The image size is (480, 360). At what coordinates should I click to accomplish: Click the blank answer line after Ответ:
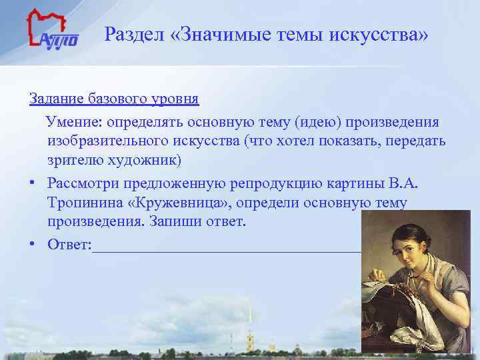(227, 248)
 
